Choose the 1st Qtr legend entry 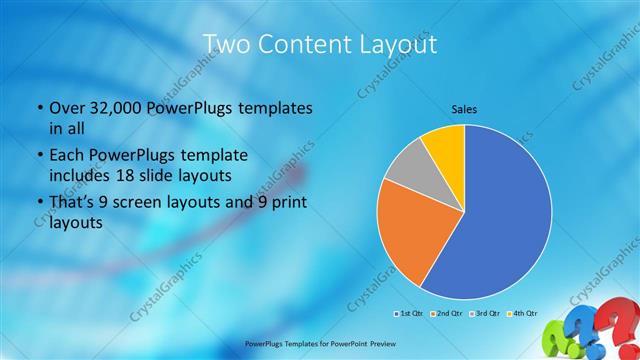pyautogui.click(x=411, y=314)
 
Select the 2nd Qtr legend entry pyautogui.click(x=447, y=314)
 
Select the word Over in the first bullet pyautogui.click(x=69, y=108)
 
